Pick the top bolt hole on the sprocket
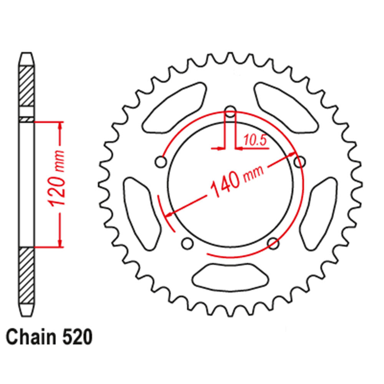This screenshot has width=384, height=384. tap(230, 112)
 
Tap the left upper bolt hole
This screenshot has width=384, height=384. tap(161, 162)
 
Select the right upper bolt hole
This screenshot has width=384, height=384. tap(299, 162)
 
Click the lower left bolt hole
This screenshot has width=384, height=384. tap(187, 243)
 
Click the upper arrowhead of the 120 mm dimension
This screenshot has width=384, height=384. tap(60, 127)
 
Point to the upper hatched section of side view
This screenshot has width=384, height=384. tap(26, 86)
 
